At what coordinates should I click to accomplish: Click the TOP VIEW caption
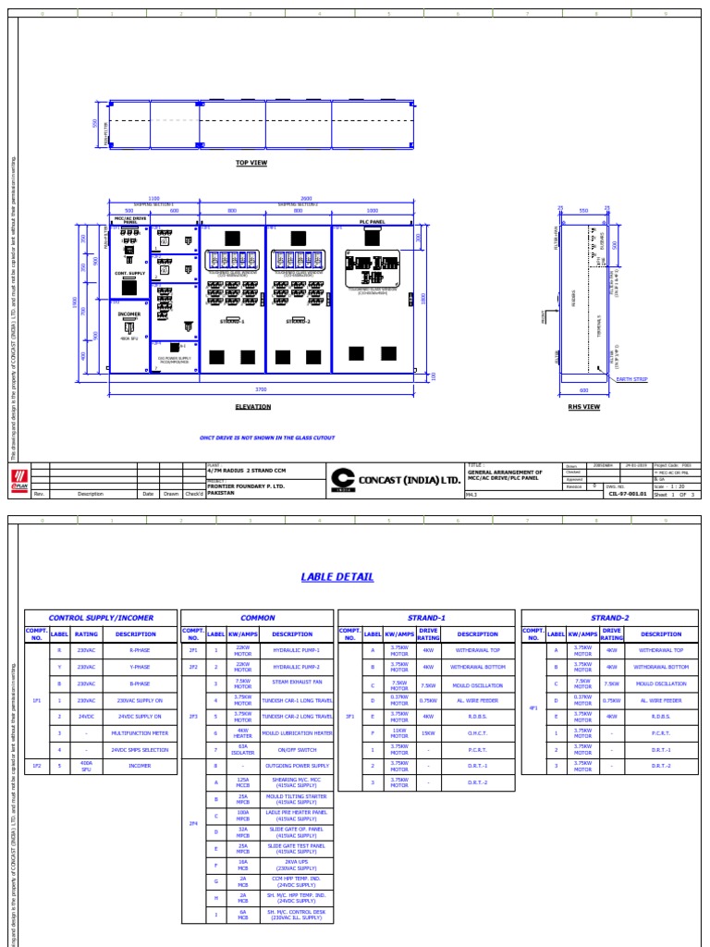[x=251, y=162]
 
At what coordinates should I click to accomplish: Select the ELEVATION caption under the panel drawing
[x=252, y=406]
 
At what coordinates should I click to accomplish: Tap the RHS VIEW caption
[x=584, y=406]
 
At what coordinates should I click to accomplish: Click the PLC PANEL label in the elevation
[x=371, y=222]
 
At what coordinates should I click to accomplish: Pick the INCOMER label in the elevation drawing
[x=129, y=314]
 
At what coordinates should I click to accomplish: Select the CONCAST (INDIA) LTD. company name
[x=408, y=479]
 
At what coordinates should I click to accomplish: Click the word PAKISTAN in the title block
[x=221, y=493]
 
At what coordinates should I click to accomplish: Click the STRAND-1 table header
[x=427, y=617]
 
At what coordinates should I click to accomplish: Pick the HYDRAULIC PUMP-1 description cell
[x=292, y=650]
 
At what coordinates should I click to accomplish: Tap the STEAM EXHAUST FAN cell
[x=292, y=683]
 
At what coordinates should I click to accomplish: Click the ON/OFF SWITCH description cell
[x=292, y=749]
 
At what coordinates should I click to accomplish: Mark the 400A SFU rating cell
[x=86, y=766]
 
